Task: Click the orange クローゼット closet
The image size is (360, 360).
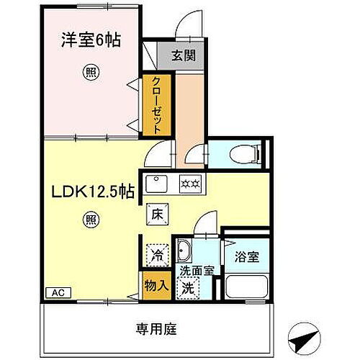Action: click(156, 105)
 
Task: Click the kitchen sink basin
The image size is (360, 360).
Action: click(158, 183)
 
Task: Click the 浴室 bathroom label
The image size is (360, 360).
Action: click(246, 257)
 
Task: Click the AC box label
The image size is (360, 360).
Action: click(57, 293)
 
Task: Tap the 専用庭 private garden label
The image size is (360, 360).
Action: click(156, 329)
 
